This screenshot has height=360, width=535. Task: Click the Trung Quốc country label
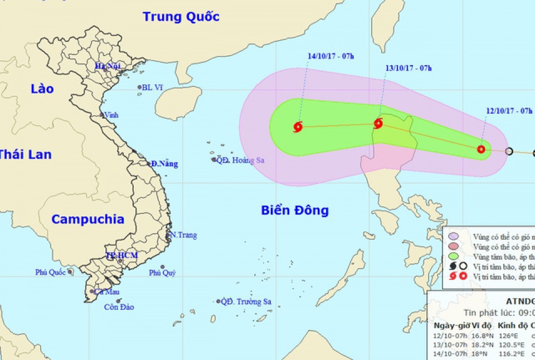point(181,16)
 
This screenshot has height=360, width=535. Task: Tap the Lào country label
point(42,89)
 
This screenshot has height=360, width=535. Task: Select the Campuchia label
point(87,219)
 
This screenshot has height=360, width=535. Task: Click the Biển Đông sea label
point(295,210)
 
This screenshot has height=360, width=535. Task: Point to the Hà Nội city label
point(108,66)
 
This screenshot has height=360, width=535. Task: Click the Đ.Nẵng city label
point(164,163)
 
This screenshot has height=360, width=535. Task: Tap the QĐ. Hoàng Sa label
point(240,160)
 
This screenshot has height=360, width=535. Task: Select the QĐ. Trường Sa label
point(246,301)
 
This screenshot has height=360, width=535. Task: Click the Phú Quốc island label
point(50,272)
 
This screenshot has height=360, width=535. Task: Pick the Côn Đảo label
point(119,307)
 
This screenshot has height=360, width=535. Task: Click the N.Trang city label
point(184,235)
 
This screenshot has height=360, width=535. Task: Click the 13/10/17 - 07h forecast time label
point(408,68)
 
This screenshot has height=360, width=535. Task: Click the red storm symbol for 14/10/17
point(298,127)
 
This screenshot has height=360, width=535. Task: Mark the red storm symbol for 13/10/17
point(378,124)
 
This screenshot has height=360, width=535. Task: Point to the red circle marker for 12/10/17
point(481,149)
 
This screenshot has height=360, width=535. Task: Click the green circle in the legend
point(453,256)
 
